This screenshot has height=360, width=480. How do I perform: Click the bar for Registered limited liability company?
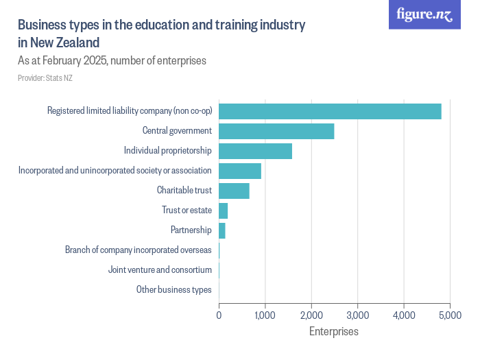click(329, 111)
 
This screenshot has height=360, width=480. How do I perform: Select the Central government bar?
click(276, 131)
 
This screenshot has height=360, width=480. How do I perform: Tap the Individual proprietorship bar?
click(255, 151)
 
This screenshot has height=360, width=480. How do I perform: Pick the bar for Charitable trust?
click(234, 191)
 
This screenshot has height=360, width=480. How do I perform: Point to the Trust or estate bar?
click(223, 211)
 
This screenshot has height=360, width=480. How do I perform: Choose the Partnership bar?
click(222, 230)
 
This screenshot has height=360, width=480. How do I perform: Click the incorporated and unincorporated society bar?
click(240, 171)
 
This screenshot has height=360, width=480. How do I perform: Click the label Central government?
click(177, 131)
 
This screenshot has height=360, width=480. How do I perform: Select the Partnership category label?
click(191, 230)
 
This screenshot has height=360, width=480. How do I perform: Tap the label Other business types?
click(173, 290)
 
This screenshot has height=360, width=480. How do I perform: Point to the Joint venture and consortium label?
click(160, 270)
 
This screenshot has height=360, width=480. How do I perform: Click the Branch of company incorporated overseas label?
click(138, 250)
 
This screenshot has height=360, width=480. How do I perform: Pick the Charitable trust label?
click(184, 191)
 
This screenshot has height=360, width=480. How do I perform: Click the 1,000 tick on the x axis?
click(265, 316)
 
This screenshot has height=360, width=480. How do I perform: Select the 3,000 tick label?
click(357, 316)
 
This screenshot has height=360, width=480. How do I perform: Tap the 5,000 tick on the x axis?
click(450, 316)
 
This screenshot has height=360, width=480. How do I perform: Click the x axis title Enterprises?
click(334, 332)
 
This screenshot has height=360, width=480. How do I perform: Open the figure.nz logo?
click(424, 14)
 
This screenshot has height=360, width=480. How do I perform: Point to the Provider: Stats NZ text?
click(45, 78)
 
